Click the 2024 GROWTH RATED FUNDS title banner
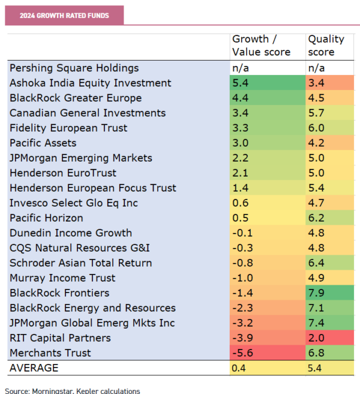coord(64,16)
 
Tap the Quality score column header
coord(326,46)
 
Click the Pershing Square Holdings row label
coord(74,68)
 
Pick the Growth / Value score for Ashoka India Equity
coord(266,83)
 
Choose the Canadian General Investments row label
coord(88,113)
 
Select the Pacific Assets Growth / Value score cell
coord(266,143)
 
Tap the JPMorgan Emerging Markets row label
coord(81,158)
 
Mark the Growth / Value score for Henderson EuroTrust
coord(266,173)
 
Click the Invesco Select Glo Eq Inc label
coord(74,203)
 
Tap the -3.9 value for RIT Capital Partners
coord(266,338)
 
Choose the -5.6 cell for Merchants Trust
coord(266,353)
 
